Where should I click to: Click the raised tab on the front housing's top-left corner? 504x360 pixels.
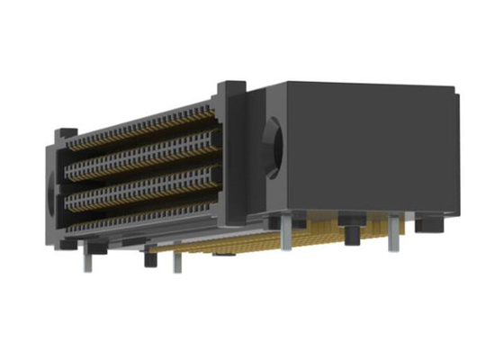[x=64, y=133]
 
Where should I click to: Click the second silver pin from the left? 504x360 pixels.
[x=175, y=261]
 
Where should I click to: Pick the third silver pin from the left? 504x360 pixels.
[x=284, y=234]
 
